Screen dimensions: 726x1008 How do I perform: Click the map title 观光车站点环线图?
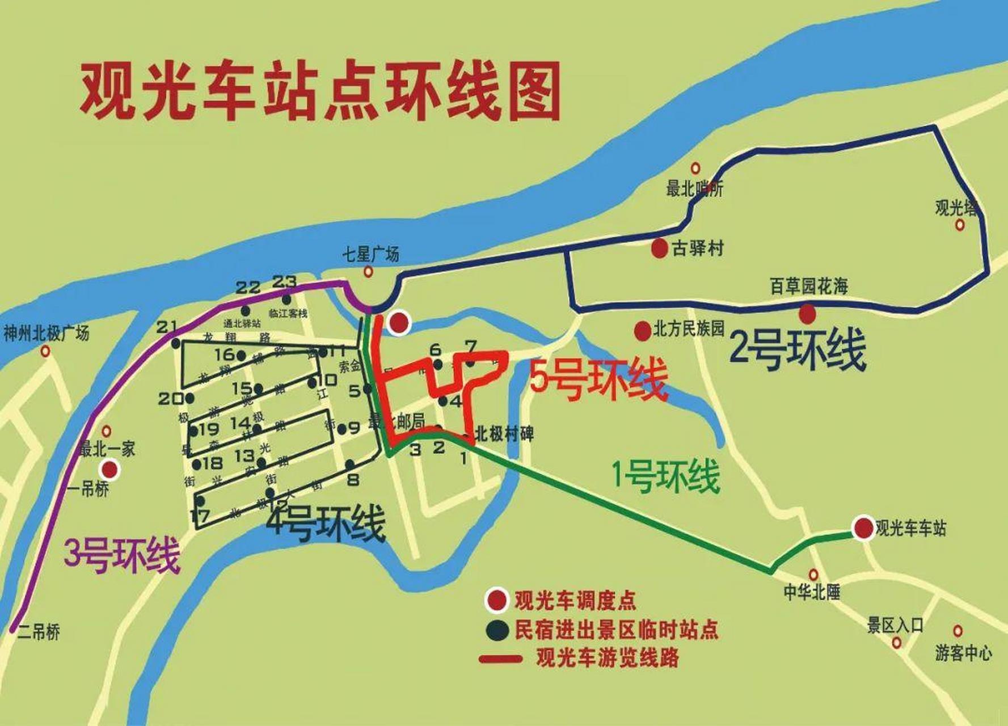pos(320,92)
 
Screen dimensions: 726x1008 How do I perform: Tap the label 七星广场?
pos(370,254)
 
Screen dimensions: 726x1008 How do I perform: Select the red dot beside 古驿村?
pos(659,248)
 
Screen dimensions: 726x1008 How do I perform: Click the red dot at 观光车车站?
pos(863,528)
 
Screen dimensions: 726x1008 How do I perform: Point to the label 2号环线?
pos(797,349)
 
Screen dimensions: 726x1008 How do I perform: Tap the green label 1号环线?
pos(666,476)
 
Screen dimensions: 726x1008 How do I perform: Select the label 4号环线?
pos(326,522)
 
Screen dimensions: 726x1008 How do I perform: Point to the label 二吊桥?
pos(39,632)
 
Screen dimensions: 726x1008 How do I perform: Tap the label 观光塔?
pos(956,208)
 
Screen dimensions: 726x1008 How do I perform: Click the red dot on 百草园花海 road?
pos(807,313)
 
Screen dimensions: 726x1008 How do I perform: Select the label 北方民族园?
pos(689,329)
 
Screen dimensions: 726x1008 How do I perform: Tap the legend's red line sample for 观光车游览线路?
pos(500,659)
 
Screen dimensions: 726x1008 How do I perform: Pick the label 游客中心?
pos(963,653)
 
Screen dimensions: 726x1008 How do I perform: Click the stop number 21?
pos(166,327)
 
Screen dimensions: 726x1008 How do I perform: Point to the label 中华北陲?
pos(812,593)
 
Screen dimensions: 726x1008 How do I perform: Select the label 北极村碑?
pos(504,434)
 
